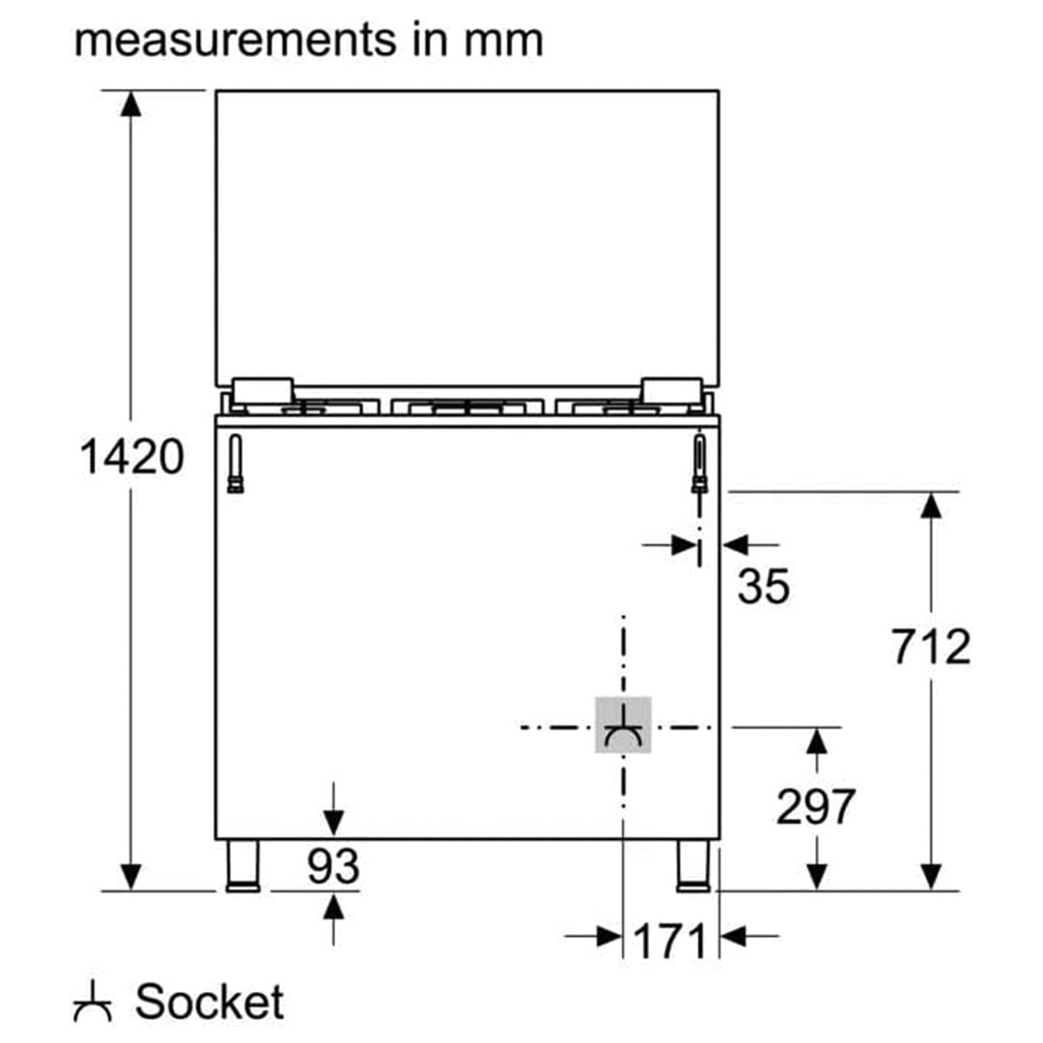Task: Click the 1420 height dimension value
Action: pos(131,457)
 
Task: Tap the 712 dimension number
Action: pos(931,646)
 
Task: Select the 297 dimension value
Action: pos(815,806)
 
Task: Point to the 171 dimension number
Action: pos(669,942)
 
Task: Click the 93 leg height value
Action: pos(333,866)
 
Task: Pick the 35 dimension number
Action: pos(764,586)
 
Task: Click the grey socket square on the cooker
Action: pos(623,725)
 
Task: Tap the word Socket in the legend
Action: pos(210,1001)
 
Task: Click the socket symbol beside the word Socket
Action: pos(93,1001)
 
